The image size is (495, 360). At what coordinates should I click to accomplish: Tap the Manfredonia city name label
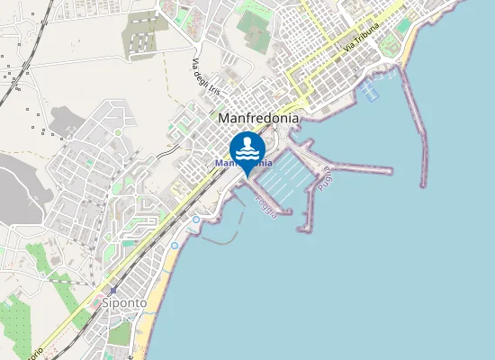tap(258, 117)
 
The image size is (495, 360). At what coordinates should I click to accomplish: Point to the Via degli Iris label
tap(206, 75)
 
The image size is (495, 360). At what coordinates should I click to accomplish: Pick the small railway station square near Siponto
tap(113, 291)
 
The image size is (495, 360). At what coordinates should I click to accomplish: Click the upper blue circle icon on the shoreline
tap(196, 219)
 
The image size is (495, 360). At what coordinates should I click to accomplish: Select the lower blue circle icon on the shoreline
tap(175, 245)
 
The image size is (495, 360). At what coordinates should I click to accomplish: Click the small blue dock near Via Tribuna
tap(368, 90)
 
